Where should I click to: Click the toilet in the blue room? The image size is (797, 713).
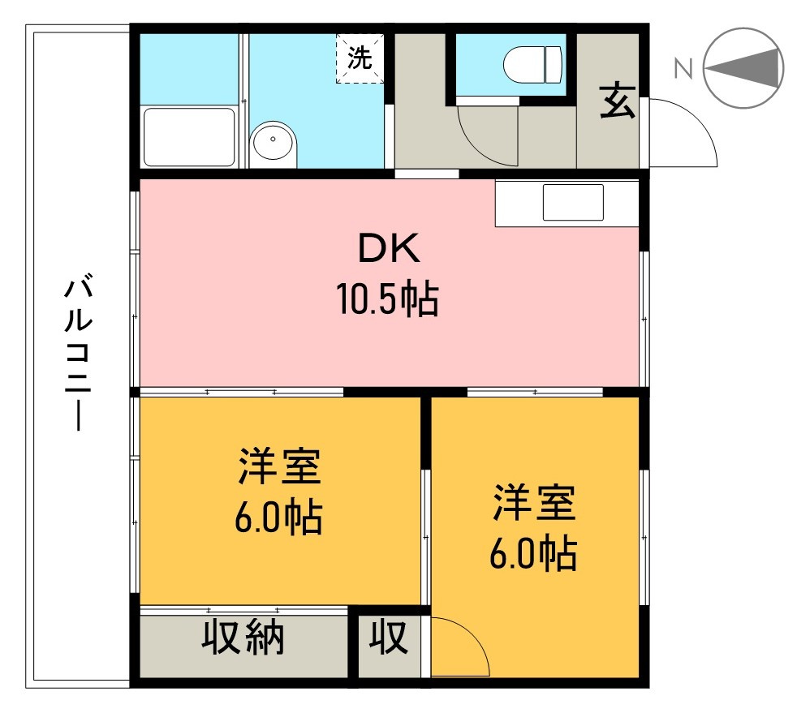pyautogui.click(x=532, y=64)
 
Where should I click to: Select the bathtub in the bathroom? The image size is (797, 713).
pyautogui.click(x=189, y=137)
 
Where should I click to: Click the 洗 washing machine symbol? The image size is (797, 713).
pyautogui.click(x=360, y=58)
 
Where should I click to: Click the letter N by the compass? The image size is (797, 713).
pyautogui.click(x=683, y=70)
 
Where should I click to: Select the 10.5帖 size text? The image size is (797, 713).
pyautogui.click(x=388, y=301)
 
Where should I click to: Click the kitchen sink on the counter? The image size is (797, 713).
pyautogui.click(x=573, y=202)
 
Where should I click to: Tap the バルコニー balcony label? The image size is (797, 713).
pyautogui.click(x=80, y=353)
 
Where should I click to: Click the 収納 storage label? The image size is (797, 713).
pyautogui.click(x=243, y=638)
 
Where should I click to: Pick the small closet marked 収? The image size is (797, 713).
pyautogui.click(x=390, y=638)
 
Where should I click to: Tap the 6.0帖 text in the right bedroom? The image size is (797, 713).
pyautogui.click(x=533, y=554)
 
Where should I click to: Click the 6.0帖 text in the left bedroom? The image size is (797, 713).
pyautogui.click(x=279, y=517)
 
